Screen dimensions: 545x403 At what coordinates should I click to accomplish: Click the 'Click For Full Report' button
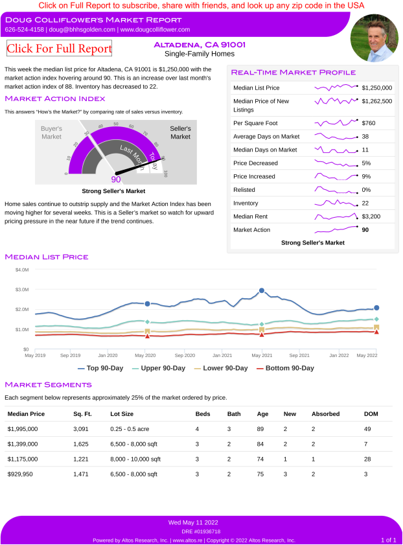coord(59,48)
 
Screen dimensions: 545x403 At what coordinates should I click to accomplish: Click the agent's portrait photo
coord(374,37)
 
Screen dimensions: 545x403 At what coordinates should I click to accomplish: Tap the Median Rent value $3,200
coord(371,216)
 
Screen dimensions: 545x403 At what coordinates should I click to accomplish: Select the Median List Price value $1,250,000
coord(377,87)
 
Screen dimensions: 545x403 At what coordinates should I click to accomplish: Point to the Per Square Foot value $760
coord(369,123)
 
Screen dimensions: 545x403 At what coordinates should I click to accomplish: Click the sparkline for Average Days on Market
coord(336,137)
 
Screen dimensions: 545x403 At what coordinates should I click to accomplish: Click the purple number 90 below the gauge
coord(116,180)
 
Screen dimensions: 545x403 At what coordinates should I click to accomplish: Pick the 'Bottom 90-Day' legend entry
coord(285,368)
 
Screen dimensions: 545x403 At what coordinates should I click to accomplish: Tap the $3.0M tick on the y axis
coord(21,289)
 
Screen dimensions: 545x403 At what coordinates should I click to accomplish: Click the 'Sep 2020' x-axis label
coord(185,355)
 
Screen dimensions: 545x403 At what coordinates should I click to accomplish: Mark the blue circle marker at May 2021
coord(262,291)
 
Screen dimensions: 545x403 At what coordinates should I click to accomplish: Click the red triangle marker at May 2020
coord(148,336)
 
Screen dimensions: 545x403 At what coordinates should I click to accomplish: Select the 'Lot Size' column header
coord(122,413)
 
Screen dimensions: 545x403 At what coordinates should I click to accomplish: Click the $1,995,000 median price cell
coord(23,429)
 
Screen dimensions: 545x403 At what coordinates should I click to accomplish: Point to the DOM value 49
coord(367,429)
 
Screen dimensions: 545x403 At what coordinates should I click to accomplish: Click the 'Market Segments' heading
coord(45,384)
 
